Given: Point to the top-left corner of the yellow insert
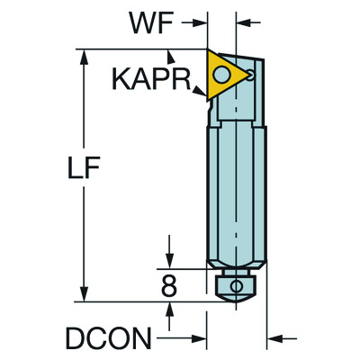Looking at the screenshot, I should pyautogui.click(x=210, y=51).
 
